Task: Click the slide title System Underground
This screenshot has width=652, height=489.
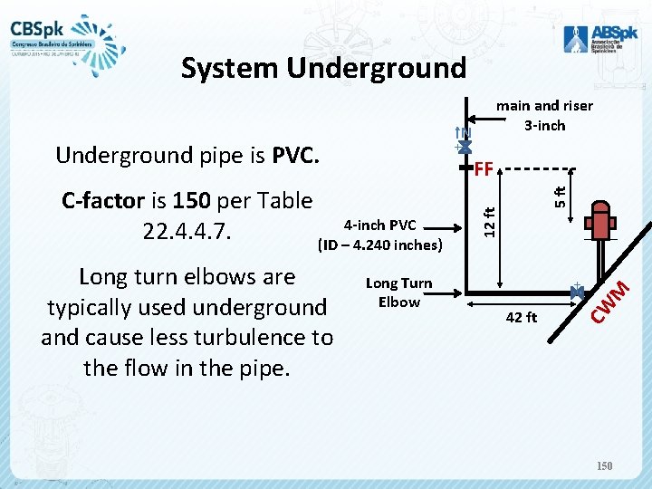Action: pyautogui.click(x=323, y=68)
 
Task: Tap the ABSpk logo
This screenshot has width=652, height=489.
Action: pyautogui.click(x=594, y=37)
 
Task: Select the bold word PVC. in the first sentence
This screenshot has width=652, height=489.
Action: pyautogui.click(x=295, y=155)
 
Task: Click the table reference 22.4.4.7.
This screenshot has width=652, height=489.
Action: pyautogui.click(x=188, y=231)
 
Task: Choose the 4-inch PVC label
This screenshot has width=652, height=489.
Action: pyautogui.click(x=379, y=225)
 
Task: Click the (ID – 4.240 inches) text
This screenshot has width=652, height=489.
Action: pyautogui.click(x=379, y=244)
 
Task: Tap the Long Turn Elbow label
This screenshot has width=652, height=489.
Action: pyautogui.click(x=398, y=292)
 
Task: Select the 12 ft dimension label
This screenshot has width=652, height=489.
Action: pyautogui.click(x=489, y=222)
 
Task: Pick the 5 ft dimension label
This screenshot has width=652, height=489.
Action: pyautogui.click(x=561, y=195)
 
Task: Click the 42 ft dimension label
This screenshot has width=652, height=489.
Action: pyautogui.click(x=522, y=317)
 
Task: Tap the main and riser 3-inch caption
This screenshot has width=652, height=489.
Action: pyautogui.click(x=544, y=115)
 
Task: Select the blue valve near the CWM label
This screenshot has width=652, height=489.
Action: pyautogui.click(x=576, y=290)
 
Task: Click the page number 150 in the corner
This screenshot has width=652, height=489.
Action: pyautogui.click(x=605, y=465)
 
